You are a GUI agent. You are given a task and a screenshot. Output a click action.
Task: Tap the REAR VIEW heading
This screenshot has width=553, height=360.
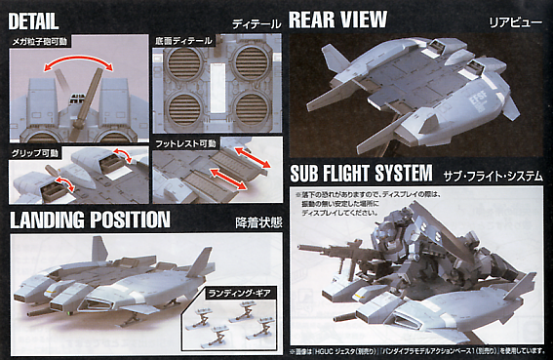click(338, 19)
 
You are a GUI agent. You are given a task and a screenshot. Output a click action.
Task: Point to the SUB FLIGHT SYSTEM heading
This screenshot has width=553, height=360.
click(360, 174)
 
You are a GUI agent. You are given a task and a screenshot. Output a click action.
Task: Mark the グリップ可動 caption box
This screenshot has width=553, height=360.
click(36, 152)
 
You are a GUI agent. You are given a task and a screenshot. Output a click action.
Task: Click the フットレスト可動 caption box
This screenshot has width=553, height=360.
click(185, 143)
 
